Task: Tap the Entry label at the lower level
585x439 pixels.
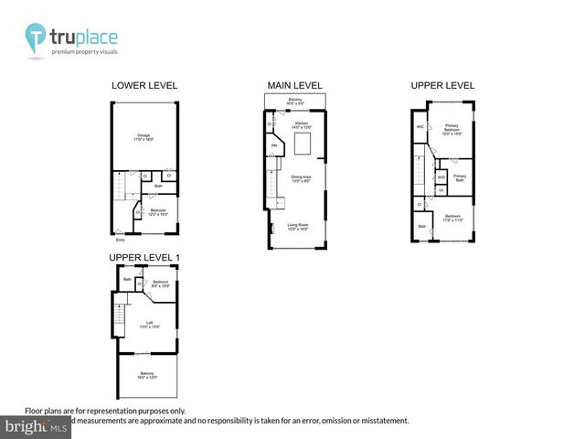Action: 121,241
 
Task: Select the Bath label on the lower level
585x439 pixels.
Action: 158,186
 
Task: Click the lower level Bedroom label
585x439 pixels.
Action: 158,212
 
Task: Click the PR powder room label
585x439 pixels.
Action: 273,145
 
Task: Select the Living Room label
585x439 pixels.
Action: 298,228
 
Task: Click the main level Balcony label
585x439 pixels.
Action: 295,101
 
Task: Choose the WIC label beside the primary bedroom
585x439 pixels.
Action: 420,126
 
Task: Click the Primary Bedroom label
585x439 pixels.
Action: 451,128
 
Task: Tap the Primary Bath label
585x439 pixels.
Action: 459,177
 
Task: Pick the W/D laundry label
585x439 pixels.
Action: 441,177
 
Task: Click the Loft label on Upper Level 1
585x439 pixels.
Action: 143,323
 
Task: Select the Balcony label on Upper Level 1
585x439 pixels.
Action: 146,375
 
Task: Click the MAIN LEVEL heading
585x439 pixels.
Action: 294,86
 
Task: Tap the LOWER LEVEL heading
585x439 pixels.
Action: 144,86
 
